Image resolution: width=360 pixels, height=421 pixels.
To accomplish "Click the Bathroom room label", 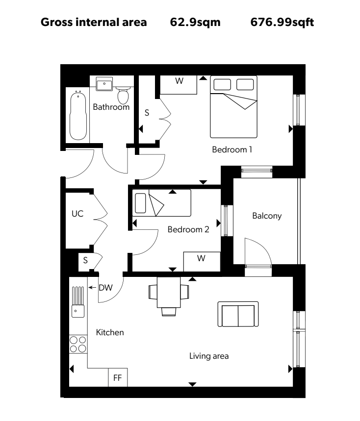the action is click(x=111, y=107).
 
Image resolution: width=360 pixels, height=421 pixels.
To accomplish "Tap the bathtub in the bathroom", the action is click(x=78, y=115).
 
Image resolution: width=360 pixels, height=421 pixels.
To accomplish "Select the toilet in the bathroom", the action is click(x=123, y=95).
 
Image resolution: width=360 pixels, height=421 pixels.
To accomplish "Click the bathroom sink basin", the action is click(x=104, y=84).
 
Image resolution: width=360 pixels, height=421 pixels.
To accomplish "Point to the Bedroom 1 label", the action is click(x=232, y=149).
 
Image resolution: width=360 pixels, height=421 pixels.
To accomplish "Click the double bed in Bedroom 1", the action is click(x=233, y=107).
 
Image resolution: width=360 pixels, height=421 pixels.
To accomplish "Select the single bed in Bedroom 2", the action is click(x=161, y=203).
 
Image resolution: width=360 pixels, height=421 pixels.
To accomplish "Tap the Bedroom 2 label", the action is click(x=188, y=229).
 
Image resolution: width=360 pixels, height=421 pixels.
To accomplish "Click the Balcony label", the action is click(x=267, y=216).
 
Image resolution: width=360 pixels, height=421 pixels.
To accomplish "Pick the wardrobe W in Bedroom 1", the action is click(x=179, y=85).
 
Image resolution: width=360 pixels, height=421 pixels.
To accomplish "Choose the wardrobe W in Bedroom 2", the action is click(x=202, y=262).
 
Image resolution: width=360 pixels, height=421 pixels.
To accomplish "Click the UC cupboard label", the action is click(x=77, y=214).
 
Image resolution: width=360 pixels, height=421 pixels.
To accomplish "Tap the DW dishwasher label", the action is click(x=105, y=288).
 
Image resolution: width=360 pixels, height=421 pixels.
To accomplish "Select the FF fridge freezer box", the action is click(x=118, y=377).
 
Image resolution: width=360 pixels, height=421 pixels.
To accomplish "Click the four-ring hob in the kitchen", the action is click(x=78, y=344).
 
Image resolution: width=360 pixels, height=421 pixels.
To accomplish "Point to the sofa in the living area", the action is click(x=238, y=314).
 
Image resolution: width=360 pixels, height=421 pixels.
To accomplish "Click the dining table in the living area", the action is click(x=169, y=292).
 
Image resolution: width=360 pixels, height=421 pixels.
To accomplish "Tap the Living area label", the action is click(x=209, y=356).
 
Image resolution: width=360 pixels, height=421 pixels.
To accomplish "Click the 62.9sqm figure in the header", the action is click(x=195, y=22).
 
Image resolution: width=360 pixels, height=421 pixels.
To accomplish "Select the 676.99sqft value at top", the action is click(x=282, y=22).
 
